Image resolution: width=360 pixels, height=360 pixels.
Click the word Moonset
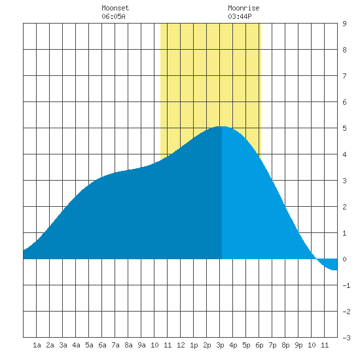point(115,8)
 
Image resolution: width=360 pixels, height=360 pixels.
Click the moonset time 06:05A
point(113,16)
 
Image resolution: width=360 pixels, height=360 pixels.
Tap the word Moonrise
point(243,8)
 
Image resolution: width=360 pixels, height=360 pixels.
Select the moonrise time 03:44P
point(240,16)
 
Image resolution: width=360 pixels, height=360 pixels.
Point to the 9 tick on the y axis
point(344,24)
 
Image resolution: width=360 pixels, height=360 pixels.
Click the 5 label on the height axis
point(344,128)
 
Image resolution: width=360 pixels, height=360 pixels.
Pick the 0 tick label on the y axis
point(344,259)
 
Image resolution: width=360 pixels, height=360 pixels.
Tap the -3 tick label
point(346,338)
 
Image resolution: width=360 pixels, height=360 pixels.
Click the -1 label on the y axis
point(346,285)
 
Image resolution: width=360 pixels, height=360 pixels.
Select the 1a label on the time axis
point(37,345)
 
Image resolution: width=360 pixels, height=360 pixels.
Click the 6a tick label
point(102,345)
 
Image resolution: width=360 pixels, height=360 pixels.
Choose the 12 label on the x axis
point(181,345)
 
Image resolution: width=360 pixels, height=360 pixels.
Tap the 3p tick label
point(220,345)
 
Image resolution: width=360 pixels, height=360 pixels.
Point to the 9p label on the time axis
point(298,345)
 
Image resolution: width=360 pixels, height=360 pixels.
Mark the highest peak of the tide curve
point(222,126)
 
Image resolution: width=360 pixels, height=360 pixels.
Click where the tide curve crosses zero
point(317,259)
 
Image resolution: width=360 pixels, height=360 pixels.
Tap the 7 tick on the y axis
point(344,76)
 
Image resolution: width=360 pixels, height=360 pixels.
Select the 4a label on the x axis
point(76,345)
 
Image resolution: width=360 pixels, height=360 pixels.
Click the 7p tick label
point(272,345)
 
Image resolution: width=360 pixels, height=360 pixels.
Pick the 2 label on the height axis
point(344,207)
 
